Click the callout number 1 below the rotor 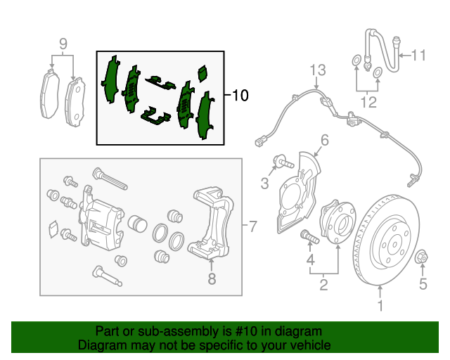click(x=380, y=305)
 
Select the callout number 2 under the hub click(x=323, y=285)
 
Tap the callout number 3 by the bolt click(x=264, y=184)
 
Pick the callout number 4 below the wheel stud click(x=310, y=263)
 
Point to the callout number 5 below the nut click(x=423, y=284)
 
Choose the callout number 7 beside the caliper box click(x=255, y=226)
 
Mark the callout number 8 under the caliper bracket click(x=210, y=278)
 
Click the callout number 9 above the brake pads click(x=63, y=45)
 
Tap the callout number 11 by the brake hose click(x=419, y=55)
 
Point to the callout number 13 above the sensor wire click(x=318, y=70)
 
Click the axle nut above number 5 click(x=423, y=257)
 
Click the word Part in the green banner click(x=107, y=331)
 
